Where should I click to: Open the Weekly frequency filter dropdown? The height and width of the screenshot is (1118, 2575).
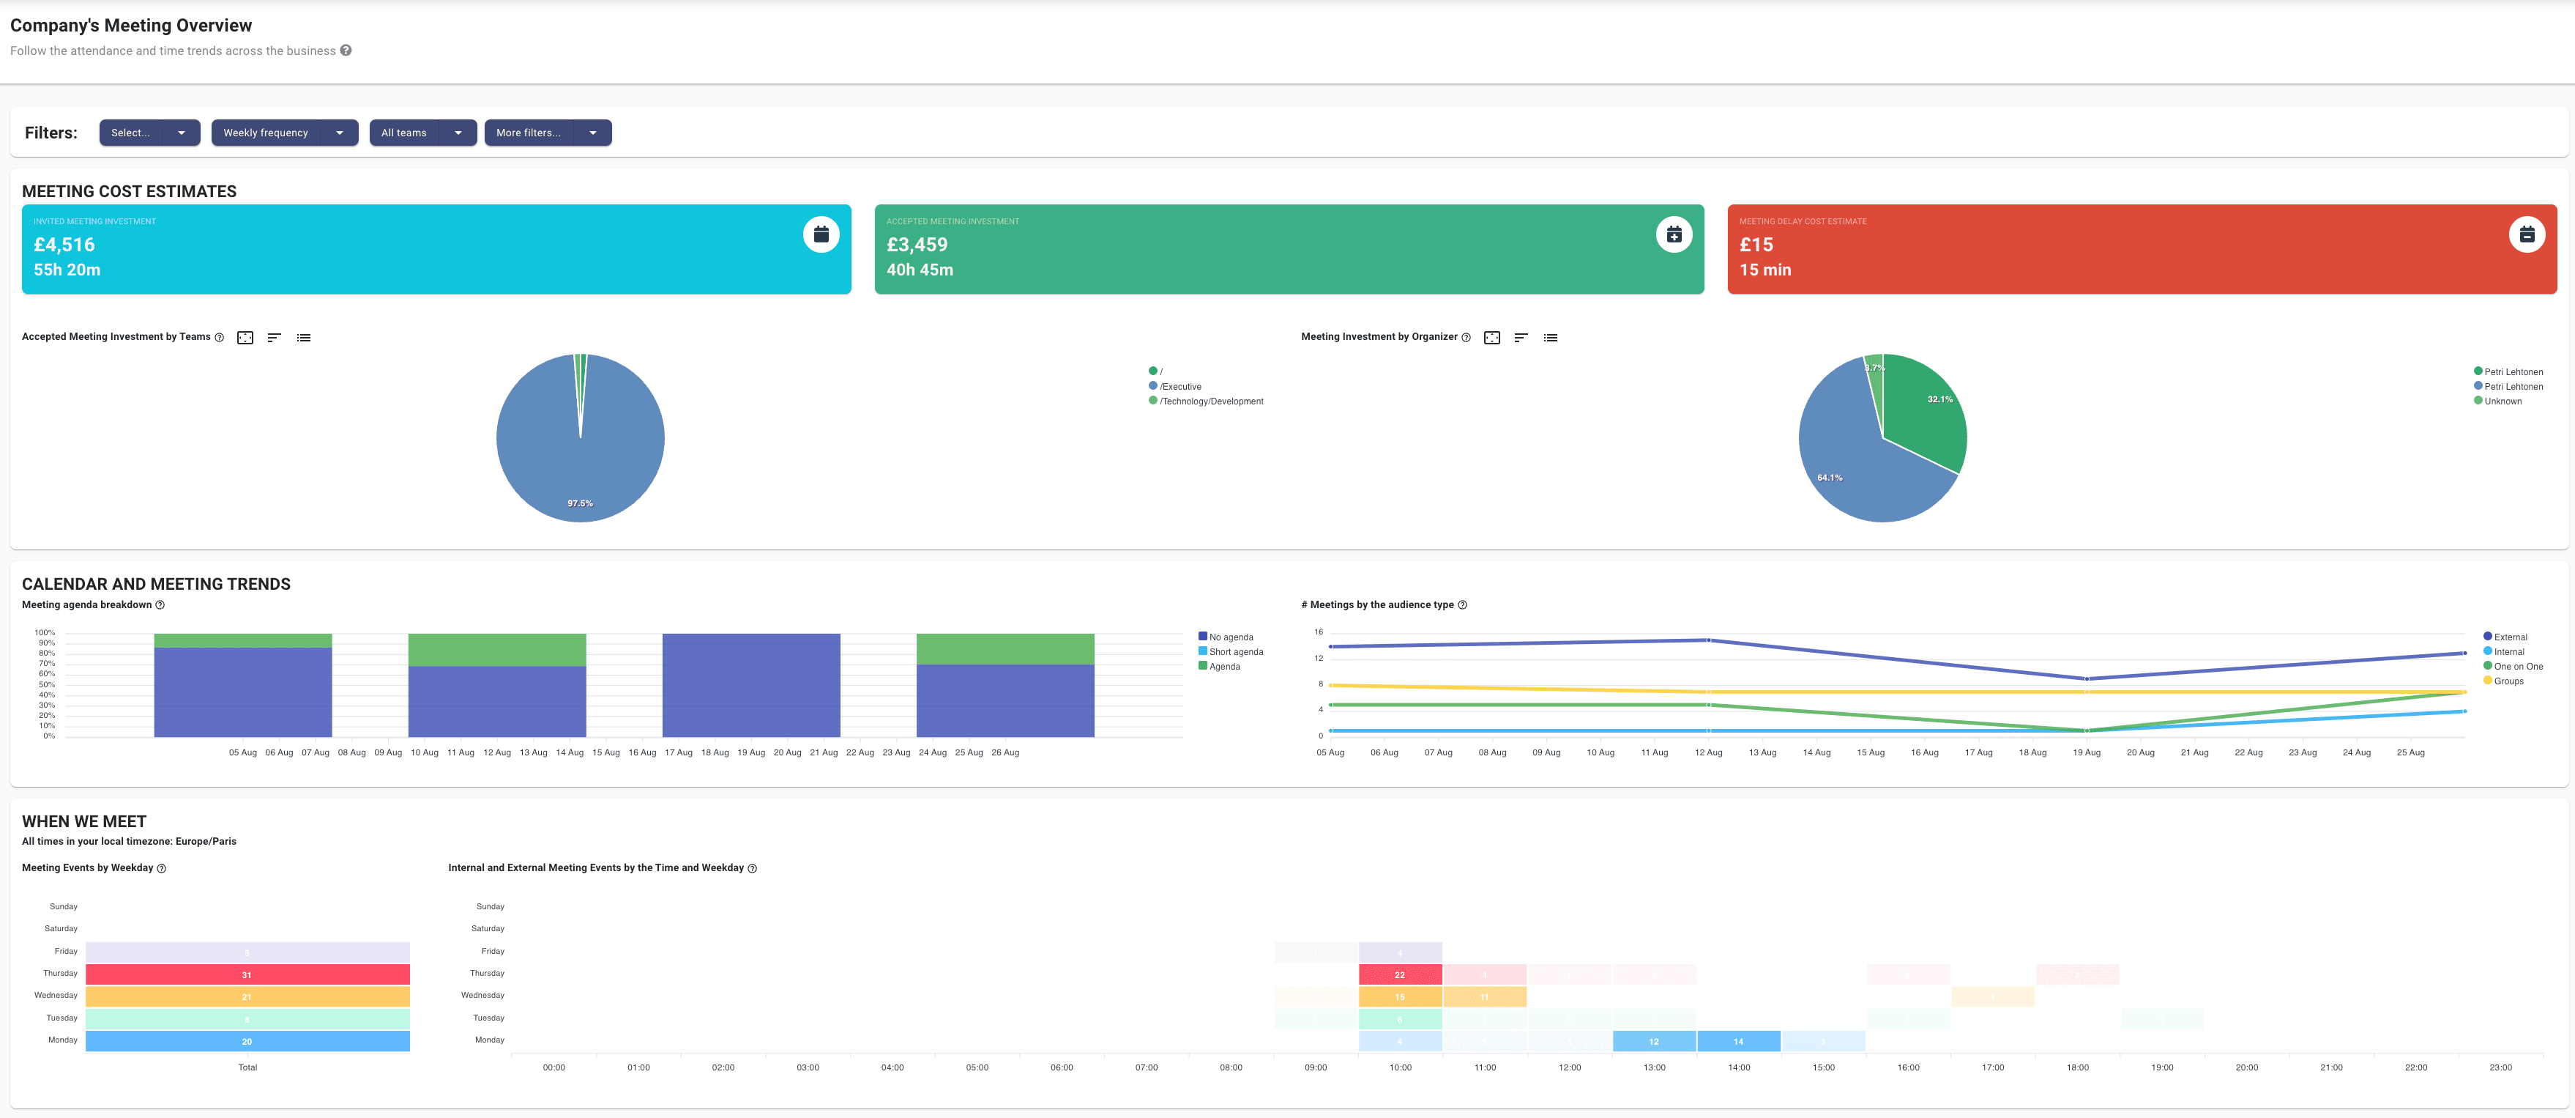coord(284,133)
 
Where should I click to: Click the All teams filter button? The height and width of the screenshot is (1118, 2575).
coord(422,133)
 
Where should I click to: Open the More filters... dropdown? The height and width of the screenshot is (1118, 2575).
coord(547,133)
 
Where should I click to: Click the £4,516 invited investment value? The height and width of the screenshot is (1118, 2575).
coord(64,245)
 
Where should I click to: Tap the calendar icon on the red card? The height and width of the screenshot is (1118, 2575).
coord(2526,235)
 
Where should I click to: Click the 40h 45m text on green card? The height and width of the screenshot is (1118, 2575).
coord(919,270)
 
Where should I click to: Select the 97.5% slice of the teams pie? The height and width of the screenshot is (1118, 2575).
coord(580,460)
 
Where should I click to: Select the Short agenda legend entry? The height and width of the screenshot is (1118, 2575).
coord(1236,652)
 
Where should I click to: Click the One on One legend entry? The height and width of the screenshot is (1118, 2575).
coord(2517,667)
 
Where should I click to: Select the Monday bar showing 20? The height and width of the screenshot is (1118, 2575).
coord(247,1042)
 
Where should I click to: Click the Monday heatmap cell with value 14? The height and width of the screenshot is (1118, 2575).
coord(1738,1042)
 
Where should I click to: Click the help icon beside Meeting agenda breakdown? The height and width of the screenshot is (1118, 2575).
coord(160,605)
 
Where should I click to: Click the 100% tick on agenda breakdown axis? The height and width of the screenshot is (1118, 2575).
coord(45,633)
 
